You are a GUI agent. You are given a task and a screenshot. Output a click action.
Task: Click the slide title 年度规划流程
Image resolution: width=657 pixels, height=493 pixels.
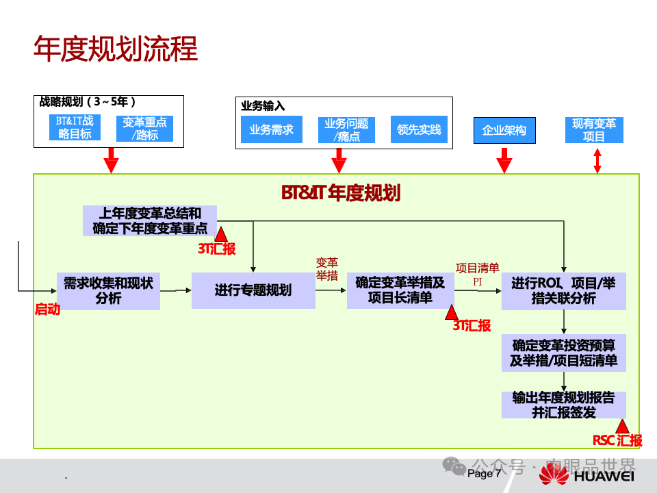[x=116, y=49]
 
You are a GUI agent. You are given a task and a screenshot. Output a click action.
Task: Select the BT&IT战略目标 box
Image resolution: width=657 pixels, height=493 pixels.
[x=75, y=128]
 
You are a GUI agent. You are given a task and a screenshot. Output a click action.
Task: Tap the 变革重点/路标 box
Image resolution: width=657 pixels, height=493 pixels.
[x=144, y=129]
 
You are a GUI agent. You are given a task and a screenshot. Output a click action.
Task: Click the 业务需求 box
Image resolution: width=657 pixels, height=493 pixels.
[x=271, y=129]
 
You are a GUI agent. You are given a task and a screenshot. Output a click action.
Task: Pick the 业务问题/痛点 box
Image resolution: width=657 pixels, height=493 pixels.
[x=346, y=129]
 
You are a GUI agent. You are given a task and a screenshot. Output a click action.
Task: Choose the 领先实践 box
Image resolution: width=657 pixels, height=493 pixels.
[x=419, y=129]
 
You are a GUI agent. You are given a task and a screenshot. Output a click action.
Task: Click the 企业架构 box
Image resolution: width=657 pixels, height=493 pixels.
[x=504, y=130]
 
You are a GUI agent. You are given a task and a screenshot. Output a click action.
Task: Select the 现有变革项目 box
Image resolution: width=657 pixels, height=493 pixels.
[x=594, y=129]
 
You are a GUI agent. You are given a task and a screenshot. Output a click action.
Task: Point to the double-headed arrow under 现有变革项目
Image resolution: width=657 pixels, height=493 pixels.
[x=597, y=161]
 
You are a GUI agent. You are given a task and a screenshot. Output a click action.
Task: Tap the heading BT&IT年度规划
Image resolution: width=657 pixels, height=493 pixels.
[x=341, y=193]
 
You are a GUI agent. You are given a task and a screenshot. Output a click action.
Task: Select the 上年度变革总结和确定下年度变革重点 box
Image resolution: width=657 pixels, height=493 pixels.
[x=150, y=221]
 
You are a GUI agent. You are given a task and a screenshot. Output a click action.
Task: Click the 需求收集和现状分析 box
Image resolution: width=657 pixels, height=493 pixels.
[x=108, y=291]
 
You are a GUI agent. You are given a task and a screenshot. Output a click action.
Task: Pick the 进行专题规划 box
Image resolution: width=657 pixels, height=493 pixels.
[x=253, y=290]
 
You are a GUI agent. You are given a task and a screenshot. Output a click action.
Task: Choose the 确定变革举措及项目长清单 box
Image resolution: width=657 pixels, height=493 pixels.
[x=400, y=290]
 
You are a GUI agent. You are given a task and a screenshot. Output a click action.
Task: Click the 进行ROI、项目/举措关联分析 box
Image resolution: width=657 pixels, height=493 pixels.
[x=563, y=291]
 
